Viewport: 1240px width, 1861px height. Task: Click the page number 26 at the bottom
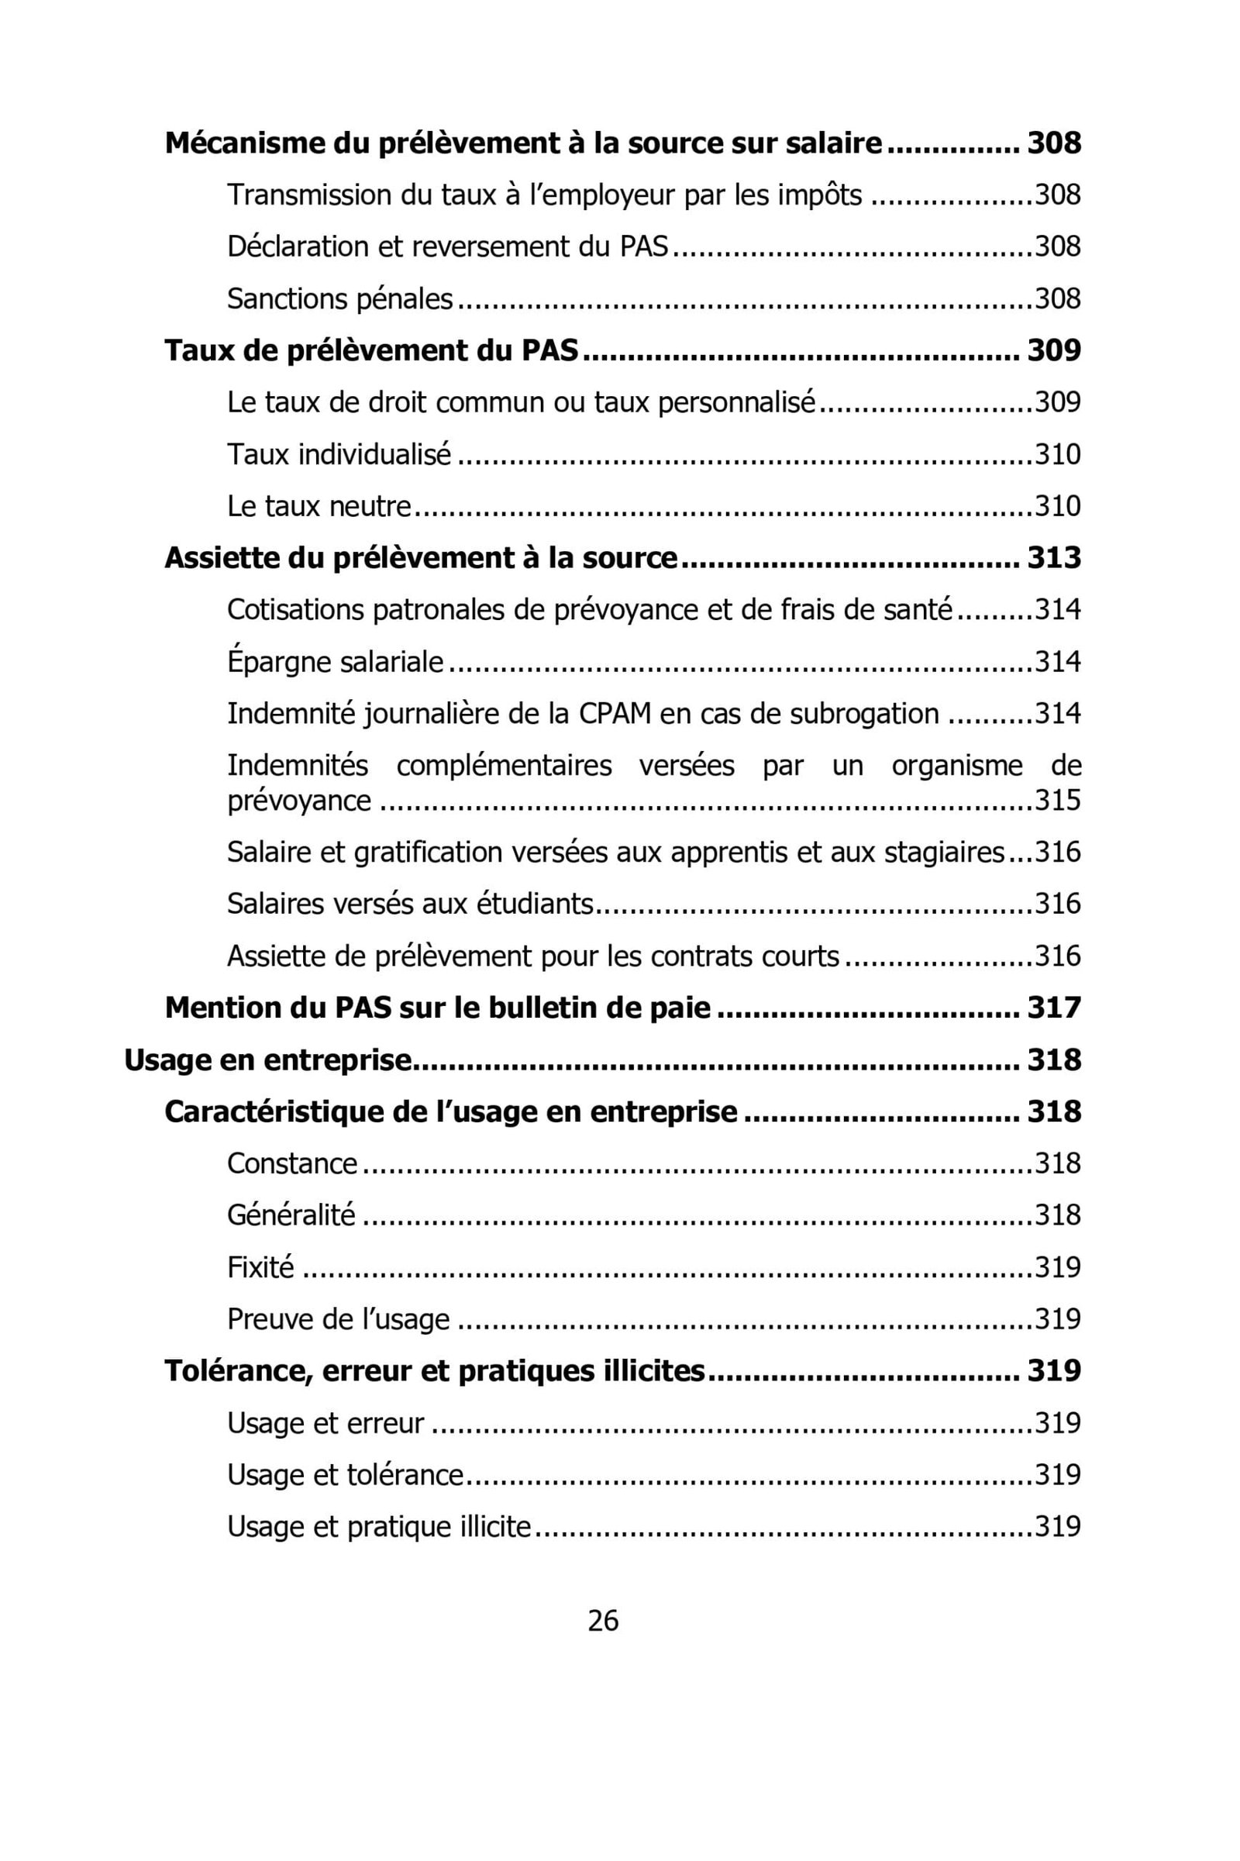(x=603, y=1621)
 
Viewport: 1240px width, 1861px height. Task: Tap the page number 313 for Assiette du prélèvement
(x=1053, y=557)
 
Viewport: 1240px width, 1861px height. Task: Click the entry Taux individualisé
(x=339, y=454)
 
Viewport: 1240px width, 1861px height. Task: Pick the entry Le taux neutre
(x=319, y=506)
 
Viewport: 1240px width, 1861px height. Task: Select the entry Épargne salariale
(x=336, y=661)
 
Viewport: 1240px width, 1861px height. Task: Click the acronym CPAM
(x=615, y=713)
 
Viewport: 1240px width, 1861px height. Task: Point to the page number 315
(x=1057, y=801)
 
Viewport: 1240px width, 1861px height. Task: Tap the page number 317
(x=1053, y=1008)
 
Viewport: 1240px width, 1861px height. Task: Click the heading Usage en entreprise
(x=268, y=1060)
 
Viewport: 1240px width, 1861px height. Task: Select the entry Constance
(x=292, y=1163)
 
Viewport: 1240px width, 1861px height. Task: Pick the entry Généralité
(x=291, y=1215)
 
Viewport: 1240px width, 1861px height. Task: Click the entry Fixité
(x=260, y=1267)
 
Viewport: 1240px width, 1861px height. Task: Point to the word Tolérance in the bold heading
(x=231, y=1370)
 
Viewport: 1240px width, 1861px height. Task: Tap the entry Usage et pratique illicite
(x=379, y=1526)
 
